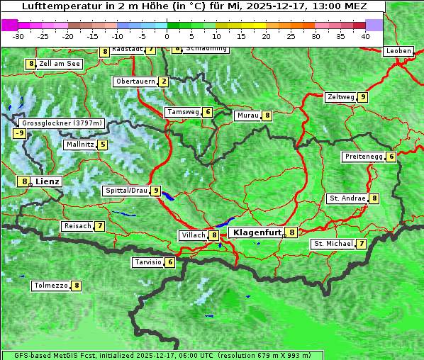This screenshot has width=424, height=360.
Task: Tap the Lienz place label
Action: point(48,181)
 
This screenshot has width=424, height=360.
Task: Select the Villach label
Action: point(193,235)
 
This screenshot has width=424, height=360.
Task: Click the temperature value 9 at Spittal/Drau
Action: point(155,191)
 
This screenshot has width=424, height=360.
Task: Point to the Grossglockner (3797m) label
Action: point(62,123)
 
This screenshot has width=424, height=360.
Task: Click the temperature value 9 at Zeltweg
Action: point(362,97)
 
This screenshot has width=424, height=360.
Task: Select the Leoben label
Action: point(398,51)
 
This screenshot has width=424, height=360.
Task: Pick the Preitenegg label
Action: point(363,157)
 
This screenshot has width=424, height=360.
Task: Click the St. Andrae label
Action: point(347,198)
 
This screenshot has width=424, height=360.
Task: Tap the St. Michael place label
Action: point(333,244)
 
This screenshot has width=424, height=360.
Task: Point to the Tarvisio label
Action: point(148,262)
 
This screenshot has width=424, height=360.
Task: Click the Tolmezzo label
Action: point(51,286)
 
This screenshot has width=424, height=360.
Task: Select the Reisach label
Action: point(77,226)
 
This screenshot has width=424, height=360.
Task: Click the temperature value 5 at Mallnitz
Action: point(103,145)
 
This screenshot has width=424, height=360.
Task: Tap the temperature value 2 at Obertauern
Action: point(164,81)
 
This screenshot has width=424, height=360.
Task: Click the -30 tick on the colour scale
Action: point(18,35)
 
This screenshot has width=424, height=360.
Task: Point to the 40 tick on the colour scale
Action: point(365,35)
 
